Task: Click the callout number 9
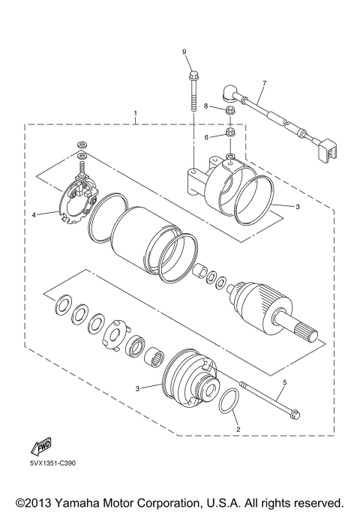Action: (182, 51)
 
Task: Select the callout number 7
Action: (263, 82)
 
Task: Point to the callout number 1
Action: (136, 115)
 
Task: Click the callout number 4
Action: (34, 214)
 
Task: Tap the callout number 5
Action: (283, 383)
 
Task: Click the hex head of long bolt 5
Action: (295, 412)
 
